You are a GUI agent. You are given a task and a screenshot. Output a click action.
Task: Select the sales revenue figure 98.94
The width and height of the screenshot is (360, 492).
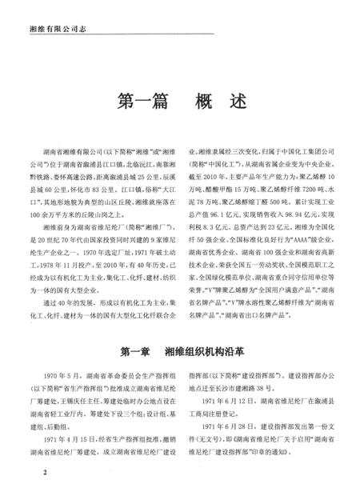283,204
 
